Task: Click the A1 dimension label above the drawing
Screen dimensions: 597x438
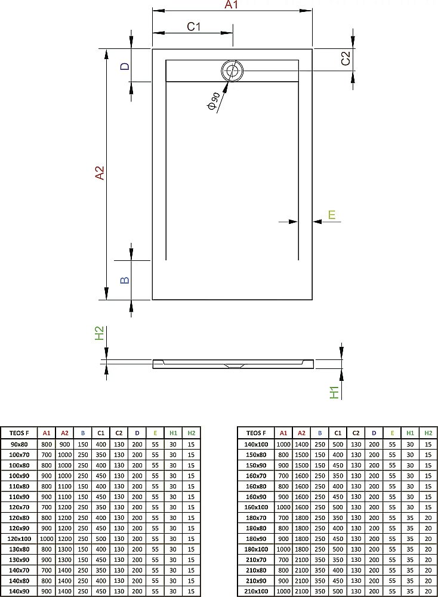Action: tap(232, 5)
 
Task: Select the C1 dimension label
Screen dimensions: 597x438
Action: tap(193, 26)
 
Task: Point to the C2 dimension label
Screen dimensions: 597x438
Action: tap(345, 59)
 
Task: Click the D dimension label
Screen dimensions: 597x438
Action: tap(125, 66)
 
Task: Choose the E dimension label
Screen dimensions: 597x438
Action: tap(332, 214)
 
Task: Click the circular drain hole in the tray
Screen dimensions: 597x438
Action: tap(232, 71)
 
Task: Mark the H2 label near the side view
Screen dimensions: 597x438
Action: tap(100, 333)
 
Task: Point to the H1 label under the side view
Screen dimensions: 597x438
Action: tap(334, 392)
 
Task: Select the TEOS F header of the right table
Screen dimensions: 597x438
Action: tap(256, 433)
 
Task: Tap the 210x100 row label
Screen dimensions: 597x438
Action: tap(256, 591)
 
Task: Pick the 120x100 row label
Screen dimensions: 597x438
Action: tap(18, 539)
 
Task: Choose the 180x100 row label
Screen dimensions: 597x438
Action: tap(256, 549)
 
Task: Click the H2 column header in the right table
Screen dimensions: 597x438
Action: tap(428, 433)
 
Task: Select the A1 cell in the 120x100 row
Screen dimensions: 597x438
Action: tap(47, 539)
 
